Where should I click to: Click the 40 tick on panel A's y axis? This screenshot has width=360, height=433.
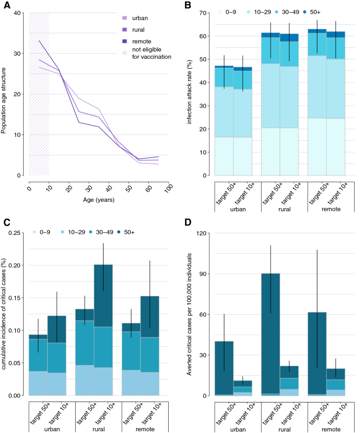point(18,13)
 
